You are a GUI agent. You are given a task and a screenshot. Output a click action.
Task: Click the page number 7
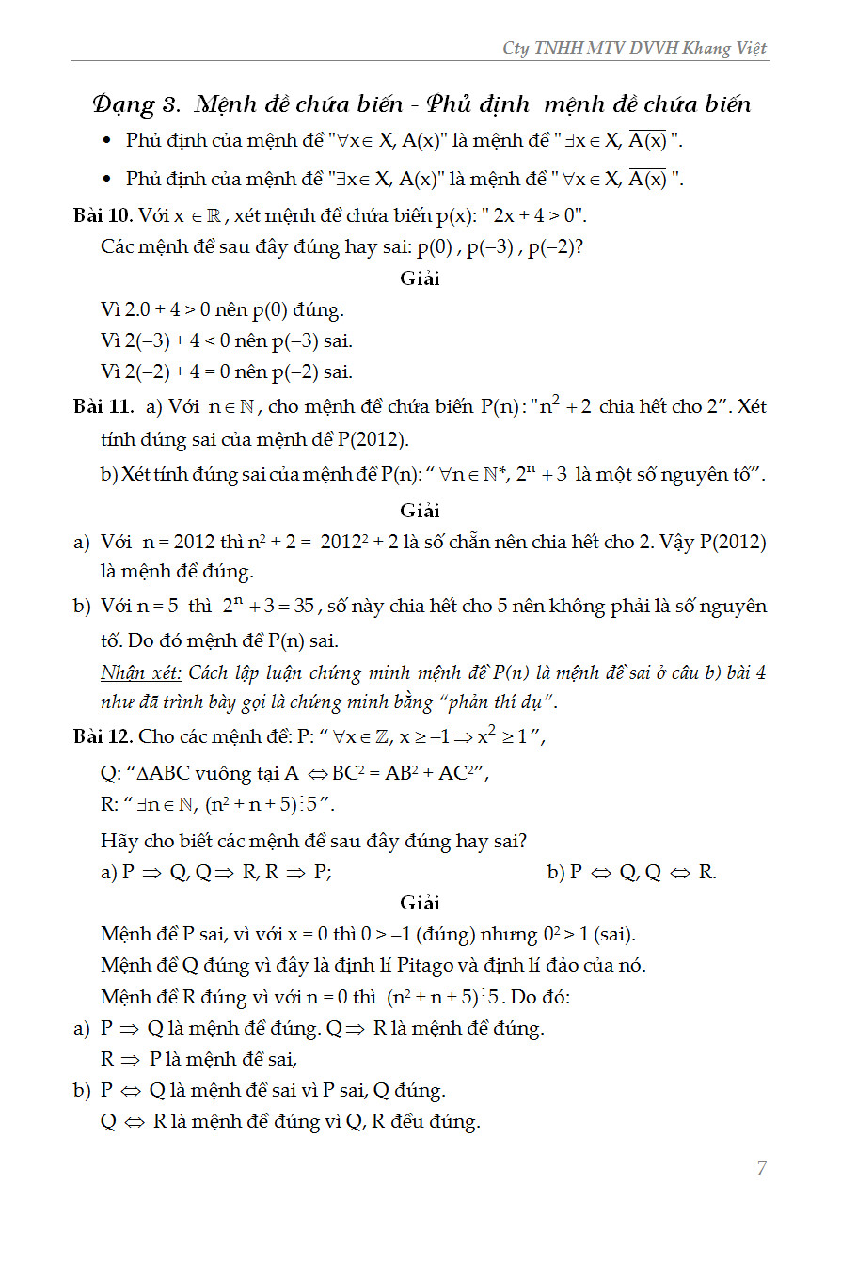coord(762,1168)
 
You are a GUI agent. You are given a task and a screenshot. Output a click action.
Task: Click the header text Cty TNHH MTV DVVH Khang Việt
coord(635,48)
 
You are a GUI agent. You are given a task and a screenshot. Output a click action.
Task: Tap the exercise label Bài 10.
coord(103,215)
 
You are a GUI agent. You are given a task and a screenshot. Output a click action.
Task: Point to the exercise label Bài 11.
coord(103,407)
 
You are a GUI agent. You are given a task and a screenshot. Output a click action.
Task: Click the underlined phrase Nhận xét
coord(141,673)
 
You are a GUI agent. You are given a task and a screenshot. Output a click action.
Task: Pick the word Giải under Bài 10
coord(420,278)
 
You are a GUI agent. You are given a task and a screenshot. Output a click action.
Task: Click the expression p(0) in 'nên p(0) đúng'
coord(272,309)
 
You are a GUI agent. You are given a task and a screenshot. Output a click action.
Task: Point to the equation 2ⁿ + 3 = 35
coord(269,606)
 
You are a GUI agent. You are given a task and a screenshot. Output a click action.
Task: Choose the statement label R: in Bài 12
coord(109,805)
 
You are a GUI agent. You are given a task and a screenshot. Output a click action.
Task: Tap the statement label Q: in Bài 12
coord(110,774)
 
